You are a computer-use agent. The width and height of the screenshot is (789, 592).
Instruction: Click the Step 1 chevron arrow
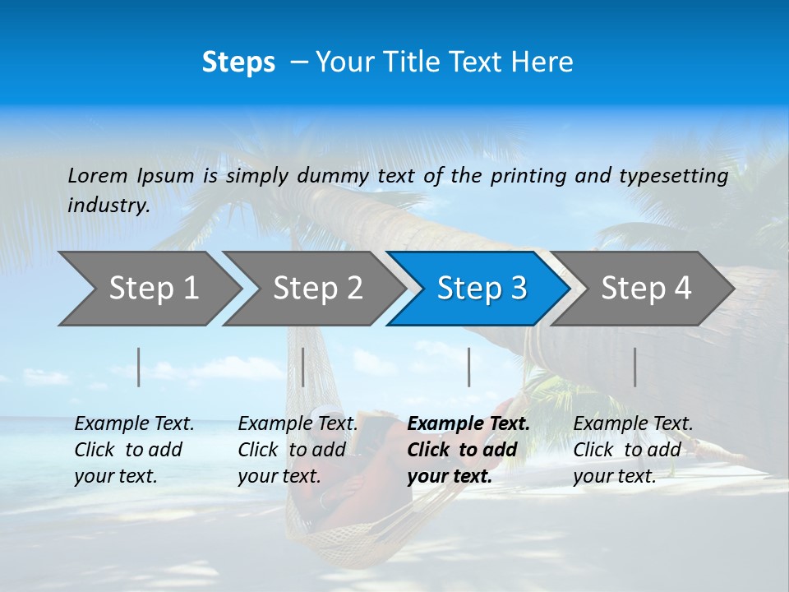click(148, 289)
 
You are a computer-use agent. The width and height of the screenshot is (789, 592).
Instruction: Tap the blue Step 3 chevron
click(479, 289)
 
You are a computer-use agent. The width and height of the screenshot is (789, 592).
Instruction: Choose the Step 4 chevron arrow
click(644, 289)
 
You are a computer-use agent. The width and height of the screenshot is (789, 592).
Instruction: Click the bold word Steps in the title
click(238, 62)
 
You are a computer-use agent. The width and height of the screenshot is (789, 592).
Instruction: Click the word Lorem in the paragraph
click(98, 176)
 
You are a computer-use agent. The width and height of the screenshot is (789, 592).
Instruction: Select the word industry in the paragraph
click(108, 206)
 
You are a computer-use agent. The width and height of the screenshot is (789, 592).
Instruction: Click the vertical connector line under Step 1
click(139, 367)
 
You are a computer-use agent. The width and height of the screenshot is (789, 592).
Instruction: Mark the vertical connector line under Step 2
click(303, 367)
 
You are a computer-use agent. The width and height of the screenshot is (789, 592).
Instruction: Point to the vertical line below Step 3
click(468, 367)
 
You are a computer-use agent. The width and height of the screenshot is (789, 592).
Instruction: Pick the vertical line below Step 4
click(635, 367)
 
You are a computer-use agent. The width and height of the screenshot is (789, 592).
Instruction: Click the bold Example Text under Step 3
click(468, 424)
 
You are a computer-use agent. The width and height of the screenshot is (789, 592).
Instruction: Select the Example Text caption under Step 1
click(134, 424)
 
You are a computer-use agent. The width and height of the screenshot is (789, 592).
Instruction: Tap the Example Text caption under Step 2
click(298, 424)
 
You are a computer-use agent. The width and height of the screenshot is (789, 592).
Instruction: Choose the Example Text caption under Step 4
click(633, 424)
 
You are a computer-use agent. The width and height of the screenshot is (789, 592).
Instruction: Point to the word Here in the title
click(546, 62)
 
